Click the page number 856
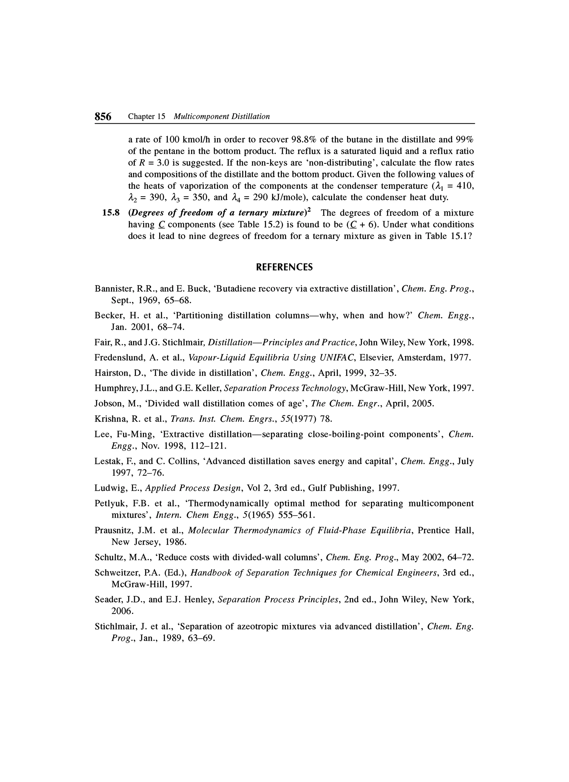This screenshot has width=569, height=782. pos(103,117)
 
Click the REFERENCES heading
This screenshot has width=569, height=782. pos(284,267)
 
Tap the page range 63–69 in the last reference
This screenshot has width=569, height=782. pos(201,638)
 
